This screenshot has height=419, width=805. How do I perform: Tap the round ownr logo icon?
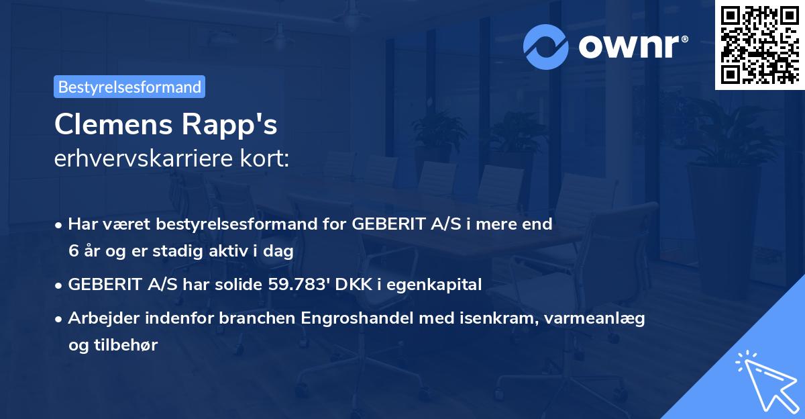tap(547, 46)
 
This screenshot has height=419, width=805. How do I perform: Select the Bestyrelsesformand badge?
tap(129, 87)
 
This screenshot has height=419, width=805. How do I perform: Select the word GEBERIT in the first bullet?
tap(384, 224)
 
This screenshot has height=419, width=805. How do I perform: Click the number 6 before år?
tap(73, 251)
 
